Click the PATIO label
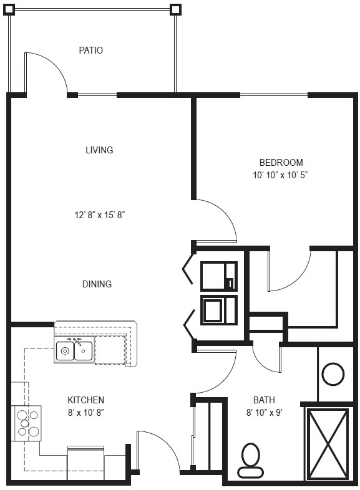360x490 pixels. [90, 50]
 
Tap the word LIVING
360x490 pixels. [99, 150]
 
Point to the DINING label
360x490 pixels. [97, 284]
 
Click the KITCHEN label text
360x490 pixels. [85, 400]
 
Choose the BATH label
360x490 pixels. [264, 400]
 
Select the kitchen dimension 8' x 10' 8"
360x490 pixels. [85, 412]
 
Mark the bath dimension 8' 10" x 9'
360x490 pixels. [264, 412]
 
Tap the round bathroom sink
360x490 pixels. [333, 374]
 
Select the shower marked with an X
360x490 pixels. [327, 443]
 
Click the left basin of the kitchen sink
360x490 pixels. [65, 351]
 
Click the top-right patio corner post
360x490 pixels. [176, 9]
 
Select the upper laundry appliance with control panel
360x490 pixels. [218, 276]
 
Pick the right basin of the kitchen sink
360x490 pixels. [84, 351]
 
